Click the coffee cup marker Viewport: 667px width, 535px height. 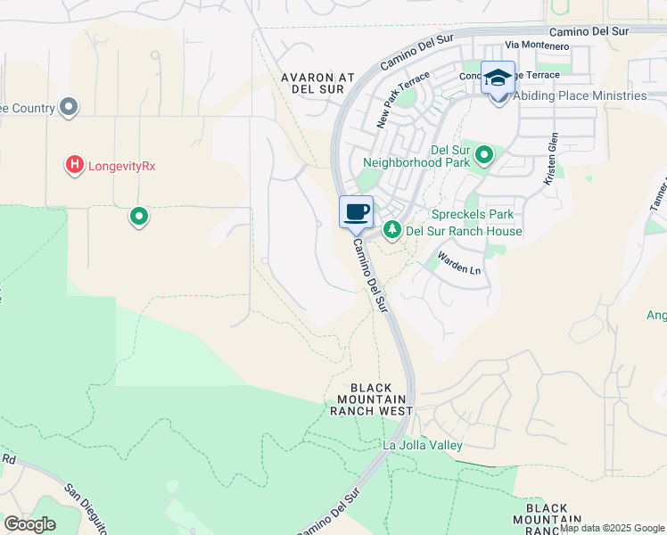pos(356,212)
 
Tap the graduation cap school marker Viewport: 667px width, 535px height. pos(498,77)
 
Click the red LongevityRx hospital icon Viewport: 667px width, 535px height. pos(75,165)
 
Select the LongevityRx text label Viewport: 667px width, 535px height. pos(123,165)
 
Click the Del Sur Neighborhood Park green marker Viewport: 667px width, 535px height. pos(484,156)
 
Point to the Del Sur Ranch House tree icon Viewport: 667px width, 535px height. pos(391,230)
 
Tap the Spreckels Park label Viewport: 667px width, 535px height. pos(473,215)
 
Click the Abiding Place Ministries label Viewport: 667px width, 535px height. pos(580,95)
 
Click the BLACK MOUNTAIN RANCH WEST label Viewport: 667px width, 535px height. pos(371,399)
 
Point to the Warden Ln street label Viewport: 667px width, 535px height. pos(457,262)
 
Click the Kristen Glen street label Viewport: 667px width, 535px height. pos(553,159)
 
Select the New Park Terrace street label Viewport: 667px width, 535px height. pos(397,103)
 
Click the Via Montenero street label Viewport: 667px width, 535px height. pos(536,45)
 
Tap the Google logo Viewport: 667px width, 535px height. pos(29,523)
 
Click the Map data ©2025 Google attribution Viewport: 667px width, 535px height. pos(611,528)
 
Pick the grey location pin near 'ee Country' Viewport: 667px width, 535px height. pos(69,108)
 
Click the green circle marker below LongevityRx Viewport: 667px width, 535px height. pos(139,216)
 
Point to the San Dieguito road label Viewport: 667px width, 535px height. pos(86,508)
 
